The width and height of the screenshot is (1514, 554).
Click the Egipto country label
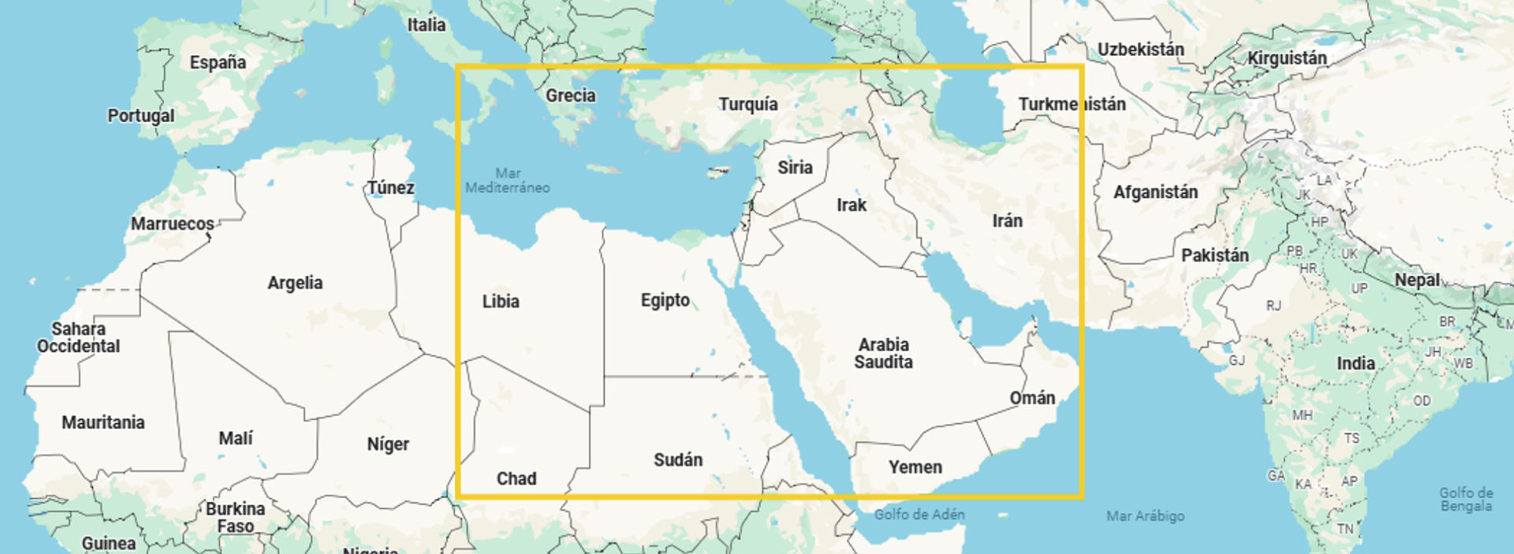[x=665, y=300]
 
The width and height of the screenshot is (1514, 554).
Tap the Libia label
[x=501, y=301]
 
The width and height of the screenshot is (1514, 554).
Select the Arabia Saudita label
[x=883, y=353]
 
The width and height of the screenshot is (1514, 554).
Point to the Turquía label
[x=748, y=104]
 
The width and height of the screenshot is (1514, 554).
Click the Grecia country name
[x=570, y=95]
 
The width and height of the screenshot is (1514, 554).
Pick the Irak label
[x=851, y=205]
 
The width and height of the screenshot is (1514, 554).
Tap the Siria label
[x=794, y=167]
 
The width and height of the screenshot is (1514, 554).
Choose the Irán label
[x=1007, y=221]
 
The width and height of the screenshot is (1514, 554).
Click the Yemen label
[x=915, y=467]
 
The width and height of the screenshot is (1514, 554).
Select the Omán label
[x=1032, y=398]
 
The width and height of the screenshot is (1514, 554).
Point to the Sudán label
[x=677, y=459]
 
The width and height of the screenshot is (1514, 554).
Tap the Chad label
[x=516, y=478]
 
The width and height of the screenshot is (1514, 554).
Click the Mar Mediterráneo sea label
[x=507, y=180]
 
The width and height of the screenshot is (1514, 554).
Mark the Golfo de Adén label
[x=919, y=515]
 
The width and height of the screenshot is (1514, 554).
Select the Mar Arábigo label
[x=1145, y=516]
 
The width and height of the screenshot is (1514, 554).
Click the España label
[x=218, y=62]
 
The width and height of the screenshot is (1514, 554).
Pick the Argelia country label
[x=295, y=283]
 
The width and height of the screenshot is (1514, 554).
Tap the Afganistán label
[x=1155, y=192]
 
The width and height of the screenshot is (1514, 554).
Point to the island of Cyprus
[x=716, y=172]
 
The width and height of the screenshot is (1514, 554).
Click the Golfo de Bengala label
[x=1466, y=499]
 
